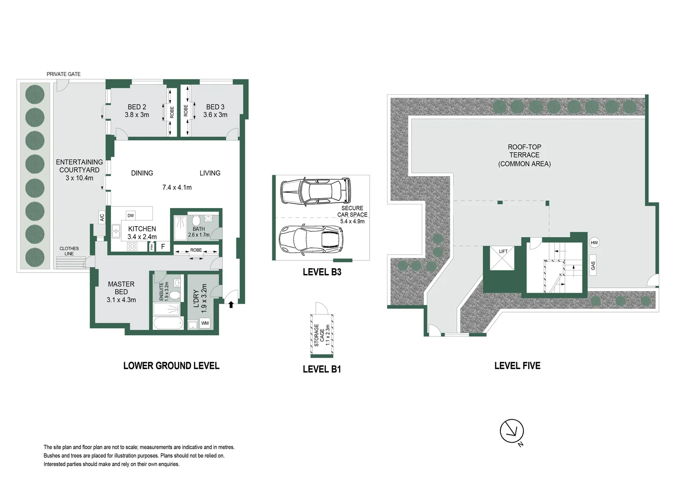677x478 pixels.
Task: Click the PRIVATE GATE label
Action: (63, 74)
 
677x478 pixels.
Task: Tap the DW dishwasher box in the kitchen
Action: (131, 216)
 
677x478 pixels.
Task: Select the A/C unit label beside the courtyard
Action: (102, 217)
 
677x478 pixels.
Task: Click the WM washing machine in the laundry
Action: (205, 323)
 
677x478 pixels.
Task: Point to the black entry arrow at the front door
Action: (231, 305)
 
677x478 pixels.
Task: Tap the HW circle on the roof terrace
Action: (594, 243)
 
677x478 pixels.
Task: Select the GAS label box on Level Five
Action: (593, 266)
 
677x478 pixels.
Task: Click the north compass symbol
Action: (512, 431)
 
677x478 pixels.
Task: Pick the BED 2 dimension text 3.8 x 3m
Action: (137, 115)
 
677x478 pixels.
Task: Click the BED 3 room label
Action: (215, 107)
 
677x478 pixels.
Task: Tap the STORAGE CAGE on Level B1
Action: (322, 335)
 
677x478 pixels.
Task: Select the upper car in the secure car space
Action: (315, 191)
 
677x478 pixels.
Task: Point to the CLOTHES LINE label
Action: (69, 251)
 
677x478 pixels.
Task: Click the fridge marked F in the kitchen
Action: (163, 247)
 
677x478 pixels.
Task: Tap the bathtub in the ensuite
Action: (168, 323)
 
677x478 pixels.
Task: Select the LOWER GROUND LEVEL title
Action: (171, 366)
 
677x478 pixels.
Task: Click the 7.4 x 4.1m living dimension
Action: (177, 187)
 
